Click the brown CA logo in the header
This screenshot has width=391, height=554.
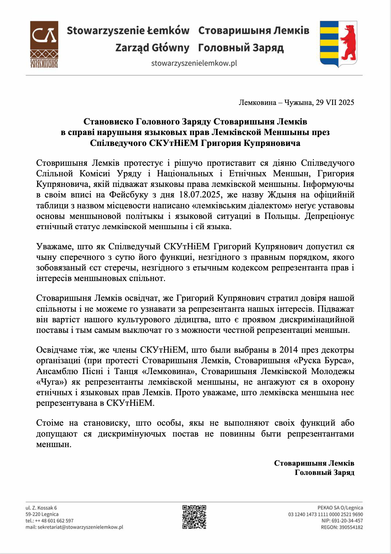pyautogui.click(x=44, y=44)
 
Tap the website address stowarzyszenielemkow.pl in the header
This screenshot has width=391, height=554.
pyautogui.click(x=194, y=63)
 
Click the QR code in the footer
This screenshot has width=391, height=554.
pyautogui.click(x=194, y=517)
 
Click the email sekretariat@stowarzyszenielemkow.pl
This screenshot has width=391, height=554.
pyautogui.click(x=80, y=527)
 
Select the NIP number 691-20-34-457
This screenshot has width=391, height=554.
pyautogui.click(x=347, y=521)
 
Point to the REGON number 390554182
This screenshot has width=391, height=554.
pyautogui.click(x=351, y=527)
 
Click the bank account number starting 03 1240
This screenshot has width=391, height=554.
pyautogui.click(x=325, y=514)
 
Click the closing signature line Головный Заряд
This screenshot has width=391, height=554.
pyautogui.click(x=324, y=473)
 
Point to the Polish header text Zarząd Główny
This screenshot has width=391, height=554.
pyautogui.click(x=152, y=48)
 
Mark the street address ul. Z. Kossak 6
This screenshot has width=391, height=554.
pyautogui.click(x=41, y=508)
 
